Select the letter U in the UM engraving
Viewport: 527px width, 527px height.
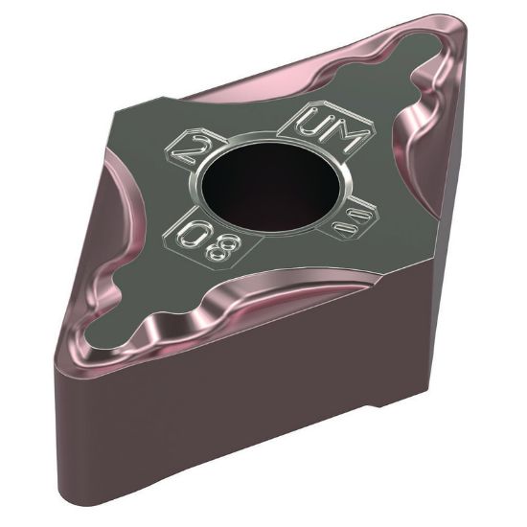coord(310,123)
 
